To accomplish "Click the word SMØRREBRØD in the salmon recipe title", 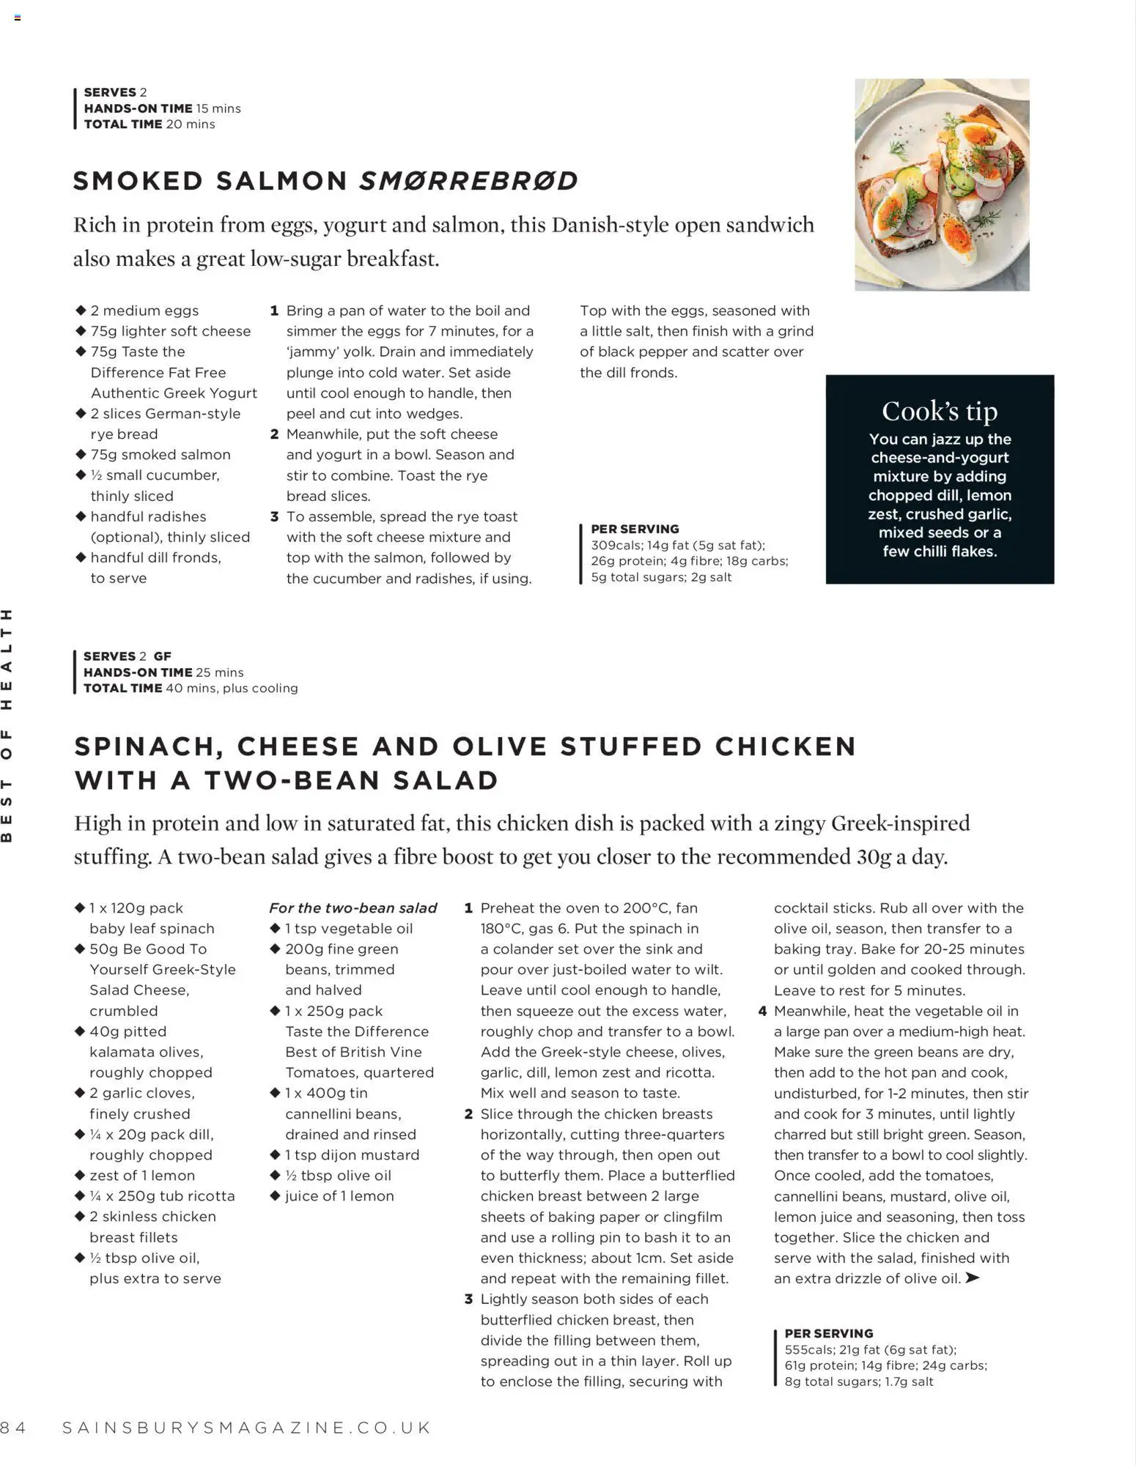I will coord(468,181).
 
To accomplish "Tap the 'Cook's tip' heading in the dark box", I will coord(940,411).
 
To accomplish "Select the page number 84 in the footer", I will coord(13,1428).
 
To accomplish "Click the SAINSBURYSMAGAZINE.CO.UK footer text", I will coord(247,1428).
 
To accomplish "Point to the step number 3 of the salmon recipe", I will coord(274,516).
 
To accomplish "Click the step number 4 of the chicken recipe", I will coord(762,1011).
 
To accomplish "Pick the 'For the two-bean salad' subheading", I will coord(353,908).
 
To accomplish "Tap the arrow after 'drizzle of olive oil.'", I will coord(973,1278).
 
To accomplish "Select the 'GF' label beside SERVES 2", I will coord(162,656).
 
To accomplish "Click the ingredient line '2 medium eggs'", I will coord(144,311).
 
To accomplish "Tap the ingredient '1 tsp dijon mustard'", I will coord(352,1154).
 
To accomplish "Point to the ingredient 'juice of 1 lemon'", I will coord(339,1195).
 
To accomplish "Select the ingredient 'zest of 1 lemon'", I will coord(142,1175).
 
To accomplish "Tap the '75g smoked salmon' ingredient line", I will coord(160,454).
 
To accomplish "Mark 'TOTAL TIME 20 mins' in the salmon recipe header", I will coord(150,124).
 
